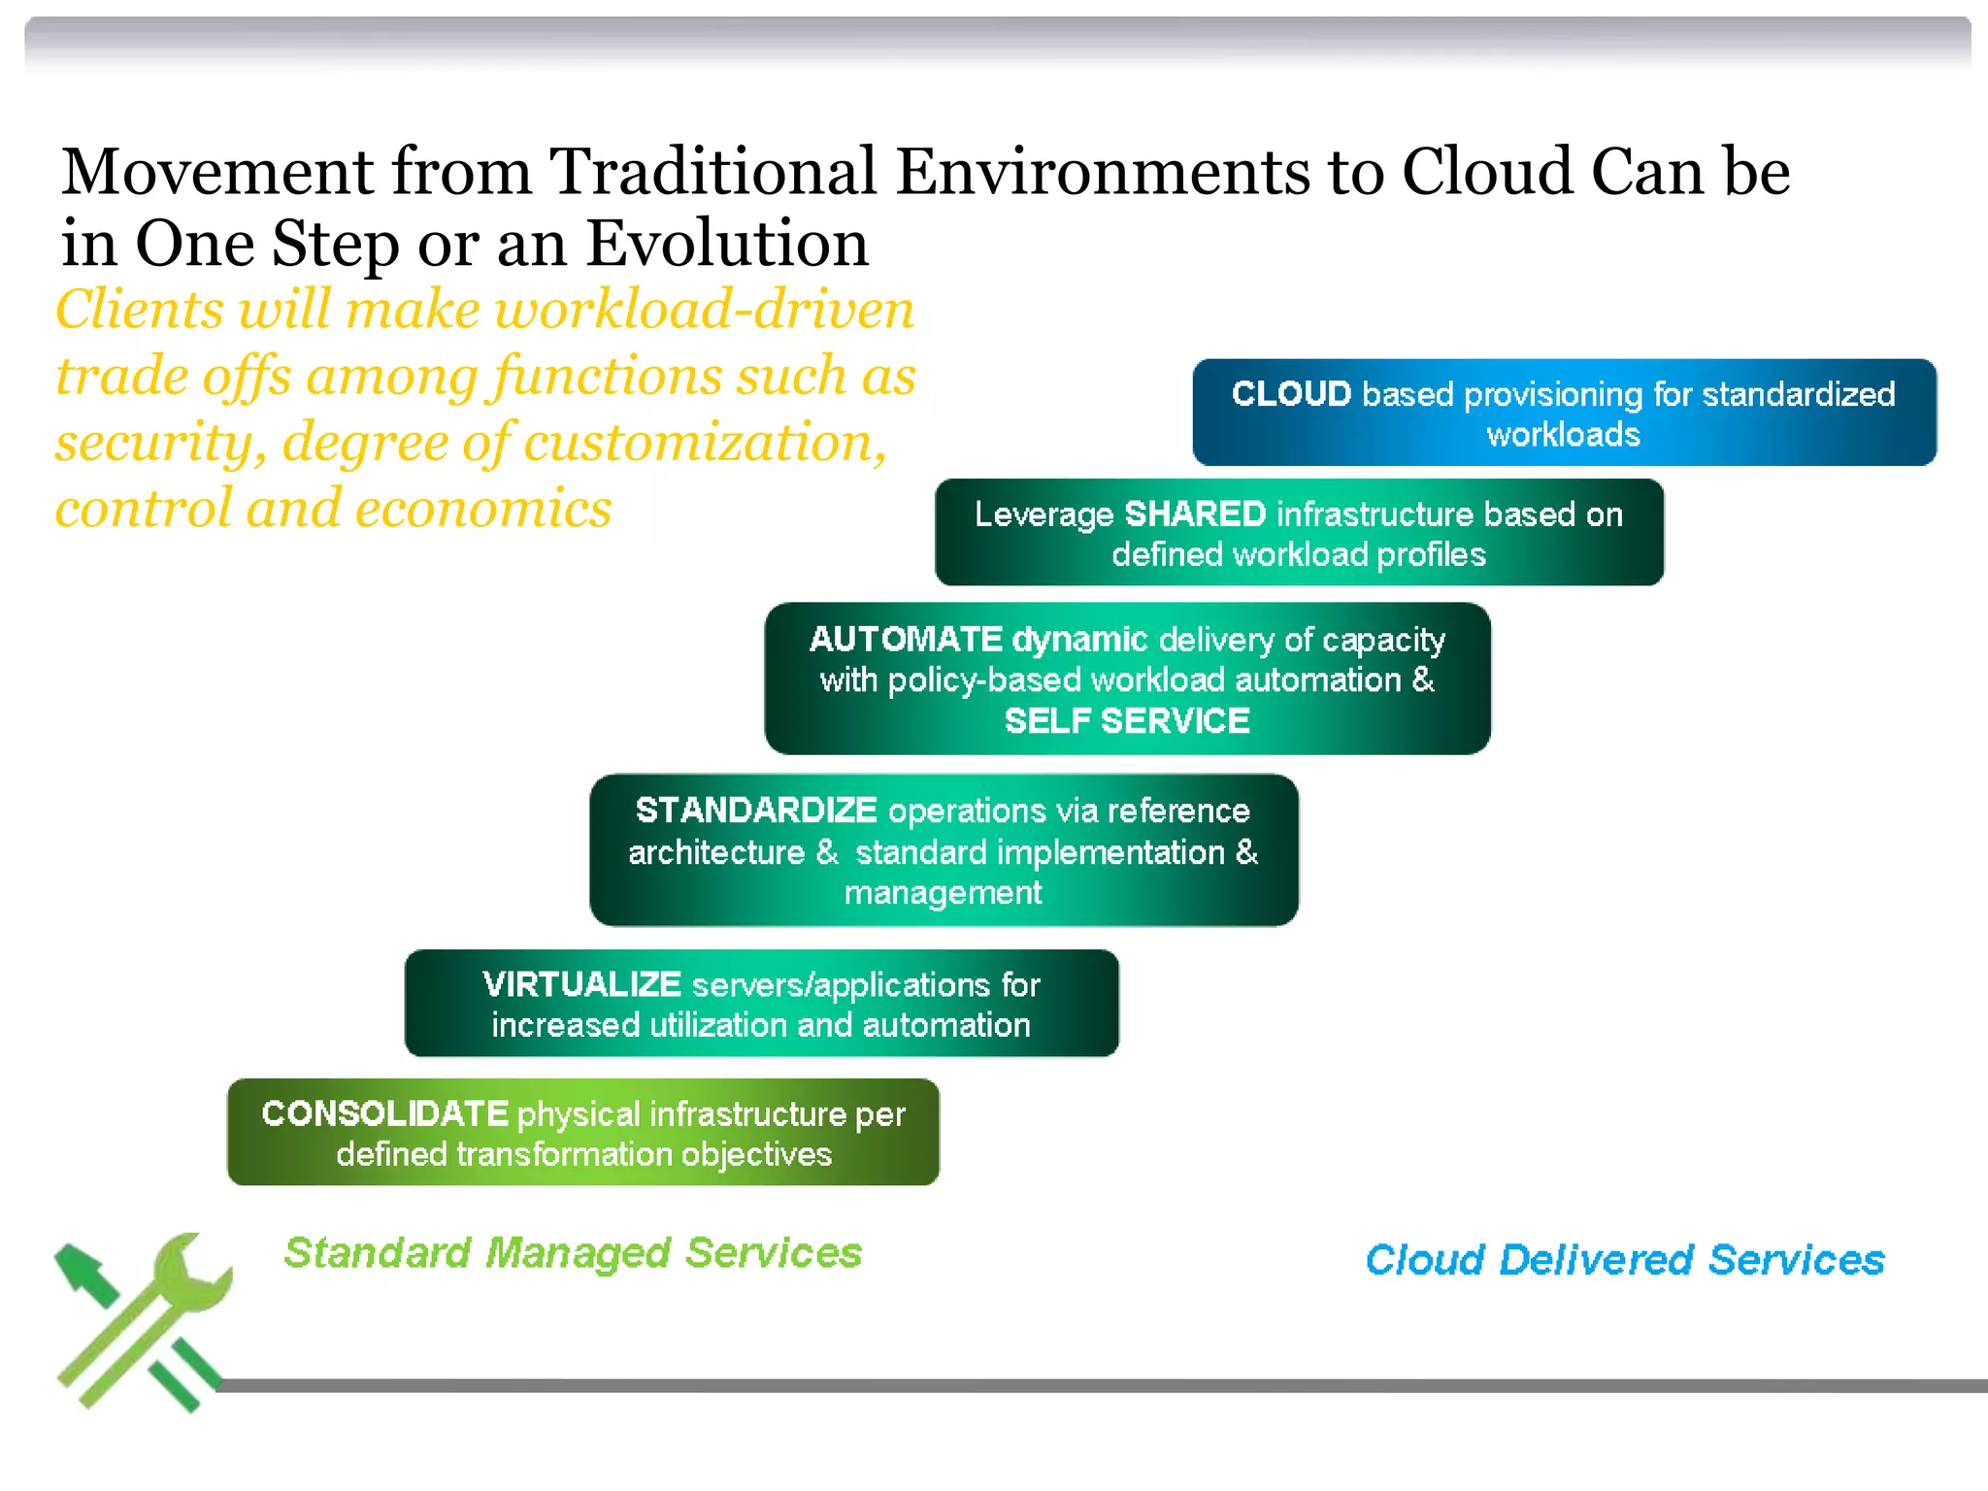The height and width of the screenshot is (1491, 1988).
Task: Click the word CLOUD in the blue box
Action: pyautogui.click(x=1291, y=394)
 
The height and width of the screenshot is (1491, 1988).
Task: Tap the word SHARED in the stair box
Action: pyautogui.click(x=1194, y=514)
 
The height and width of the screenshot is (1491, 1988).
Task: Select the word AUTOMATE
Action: pyautogui.click(x=905, y=639)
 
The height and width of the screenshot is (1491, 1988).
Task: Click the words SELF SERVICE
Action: pyautogui.click(x=1126, y=721)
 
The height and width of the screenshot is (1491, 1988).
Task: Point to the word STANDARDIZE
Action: pyautogui.click(x=755, y=810)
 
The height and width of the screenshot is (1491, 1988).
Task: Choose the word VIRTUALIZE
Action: pyautogui.click(x=580, y=984)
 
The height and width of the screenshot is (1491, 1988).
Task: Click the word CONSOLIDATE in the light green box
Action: pyautogui.click(x=384, y=1113)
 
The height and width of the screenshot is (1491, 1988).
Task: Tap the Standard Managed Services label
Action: pyautogui.click(x=573, y=1253)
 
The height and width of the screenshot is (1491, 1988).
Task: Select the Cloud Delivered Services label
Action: pyautogui.click(x=1624, y=1260)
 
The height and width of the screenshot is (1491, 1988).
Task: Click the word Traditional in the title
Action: pyautogui.click(x=712, y=172)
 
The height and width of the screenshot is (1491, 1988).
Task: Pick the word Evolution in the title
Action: pyautogui.click(x=727, y=244)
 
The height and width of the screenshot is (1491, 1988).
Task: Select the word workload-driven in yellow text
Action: pyautogui.click(x=704, y=311)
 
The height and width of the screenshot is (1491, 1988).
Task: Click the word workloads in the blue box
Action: pyautogui.click(x=1563, y=434)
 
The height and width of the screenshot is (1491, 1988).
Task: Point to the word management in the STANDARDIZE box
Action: pyautogui.click(x=943, y=892)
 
